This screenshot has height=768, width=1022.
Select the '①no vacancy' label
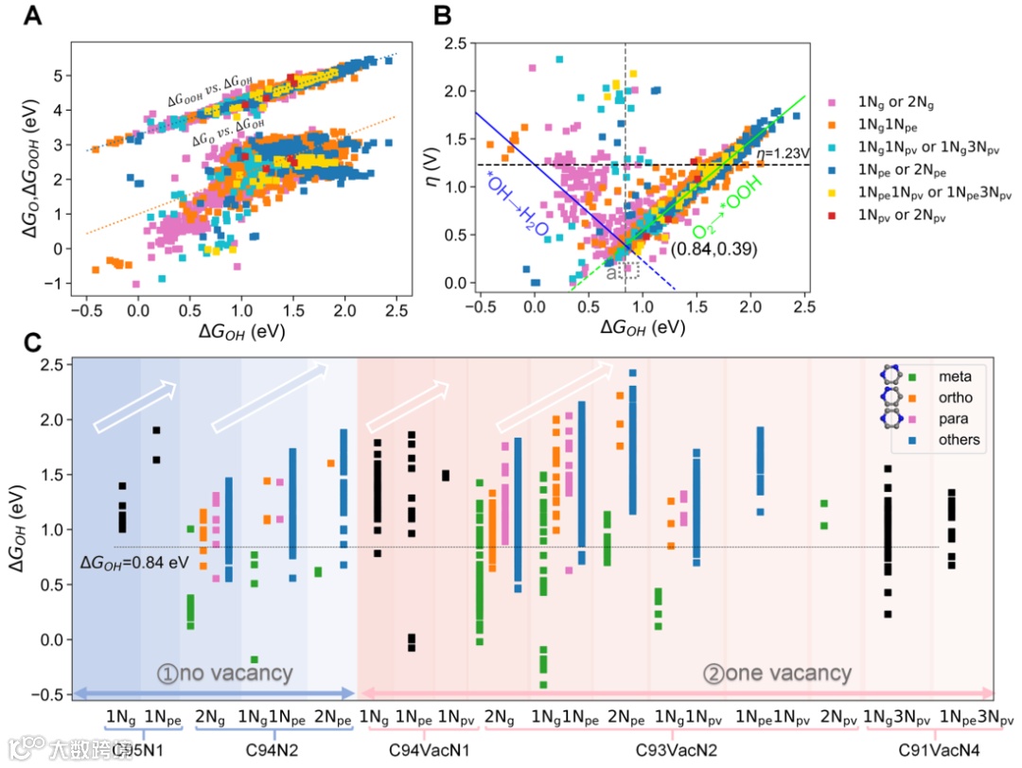(x=224, y=673)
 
